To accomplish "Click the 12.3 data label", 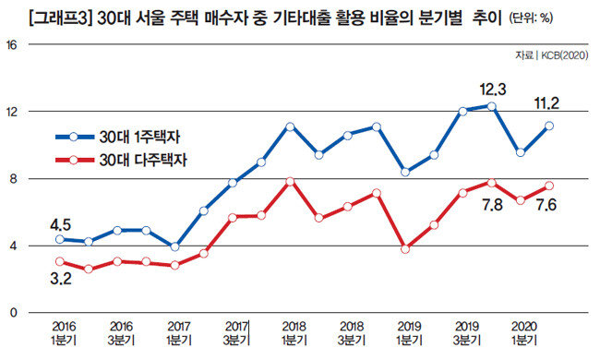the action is click(493, 90).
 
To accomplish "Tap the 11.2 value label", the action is click(546, 103).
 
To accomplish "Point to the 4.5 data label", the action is click(60, 225).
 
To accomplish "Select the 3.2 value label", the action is click(60, 279).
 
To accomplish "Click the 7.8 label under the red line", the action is click(492, 205).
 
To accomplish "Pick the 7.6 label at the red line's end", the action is click(546, 205).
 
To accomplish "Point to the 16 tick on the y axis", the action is click(12, 45).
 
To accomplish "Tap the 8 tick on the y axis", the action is click(14, 179).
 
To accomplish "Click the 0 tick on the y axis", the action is click(14, 313).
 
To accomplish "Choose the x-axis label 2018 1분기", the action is click(294, 333).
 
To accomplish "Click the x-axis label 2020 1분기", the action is click(524, 333).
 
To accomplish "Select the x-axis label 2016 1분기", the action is click(64, 333).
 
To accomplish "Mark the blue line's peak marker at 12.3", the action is click(492, 106).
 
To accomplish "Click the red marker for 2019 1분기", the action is click(405, 249).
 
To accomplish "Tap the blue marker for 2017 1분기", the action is click(174, 246).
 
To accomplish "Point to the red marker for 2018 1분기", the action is click(290, 181).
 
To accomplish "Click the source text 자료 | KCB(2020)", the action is click(551, 56).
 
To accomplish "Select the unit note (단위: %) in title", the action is click(531, 18).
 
